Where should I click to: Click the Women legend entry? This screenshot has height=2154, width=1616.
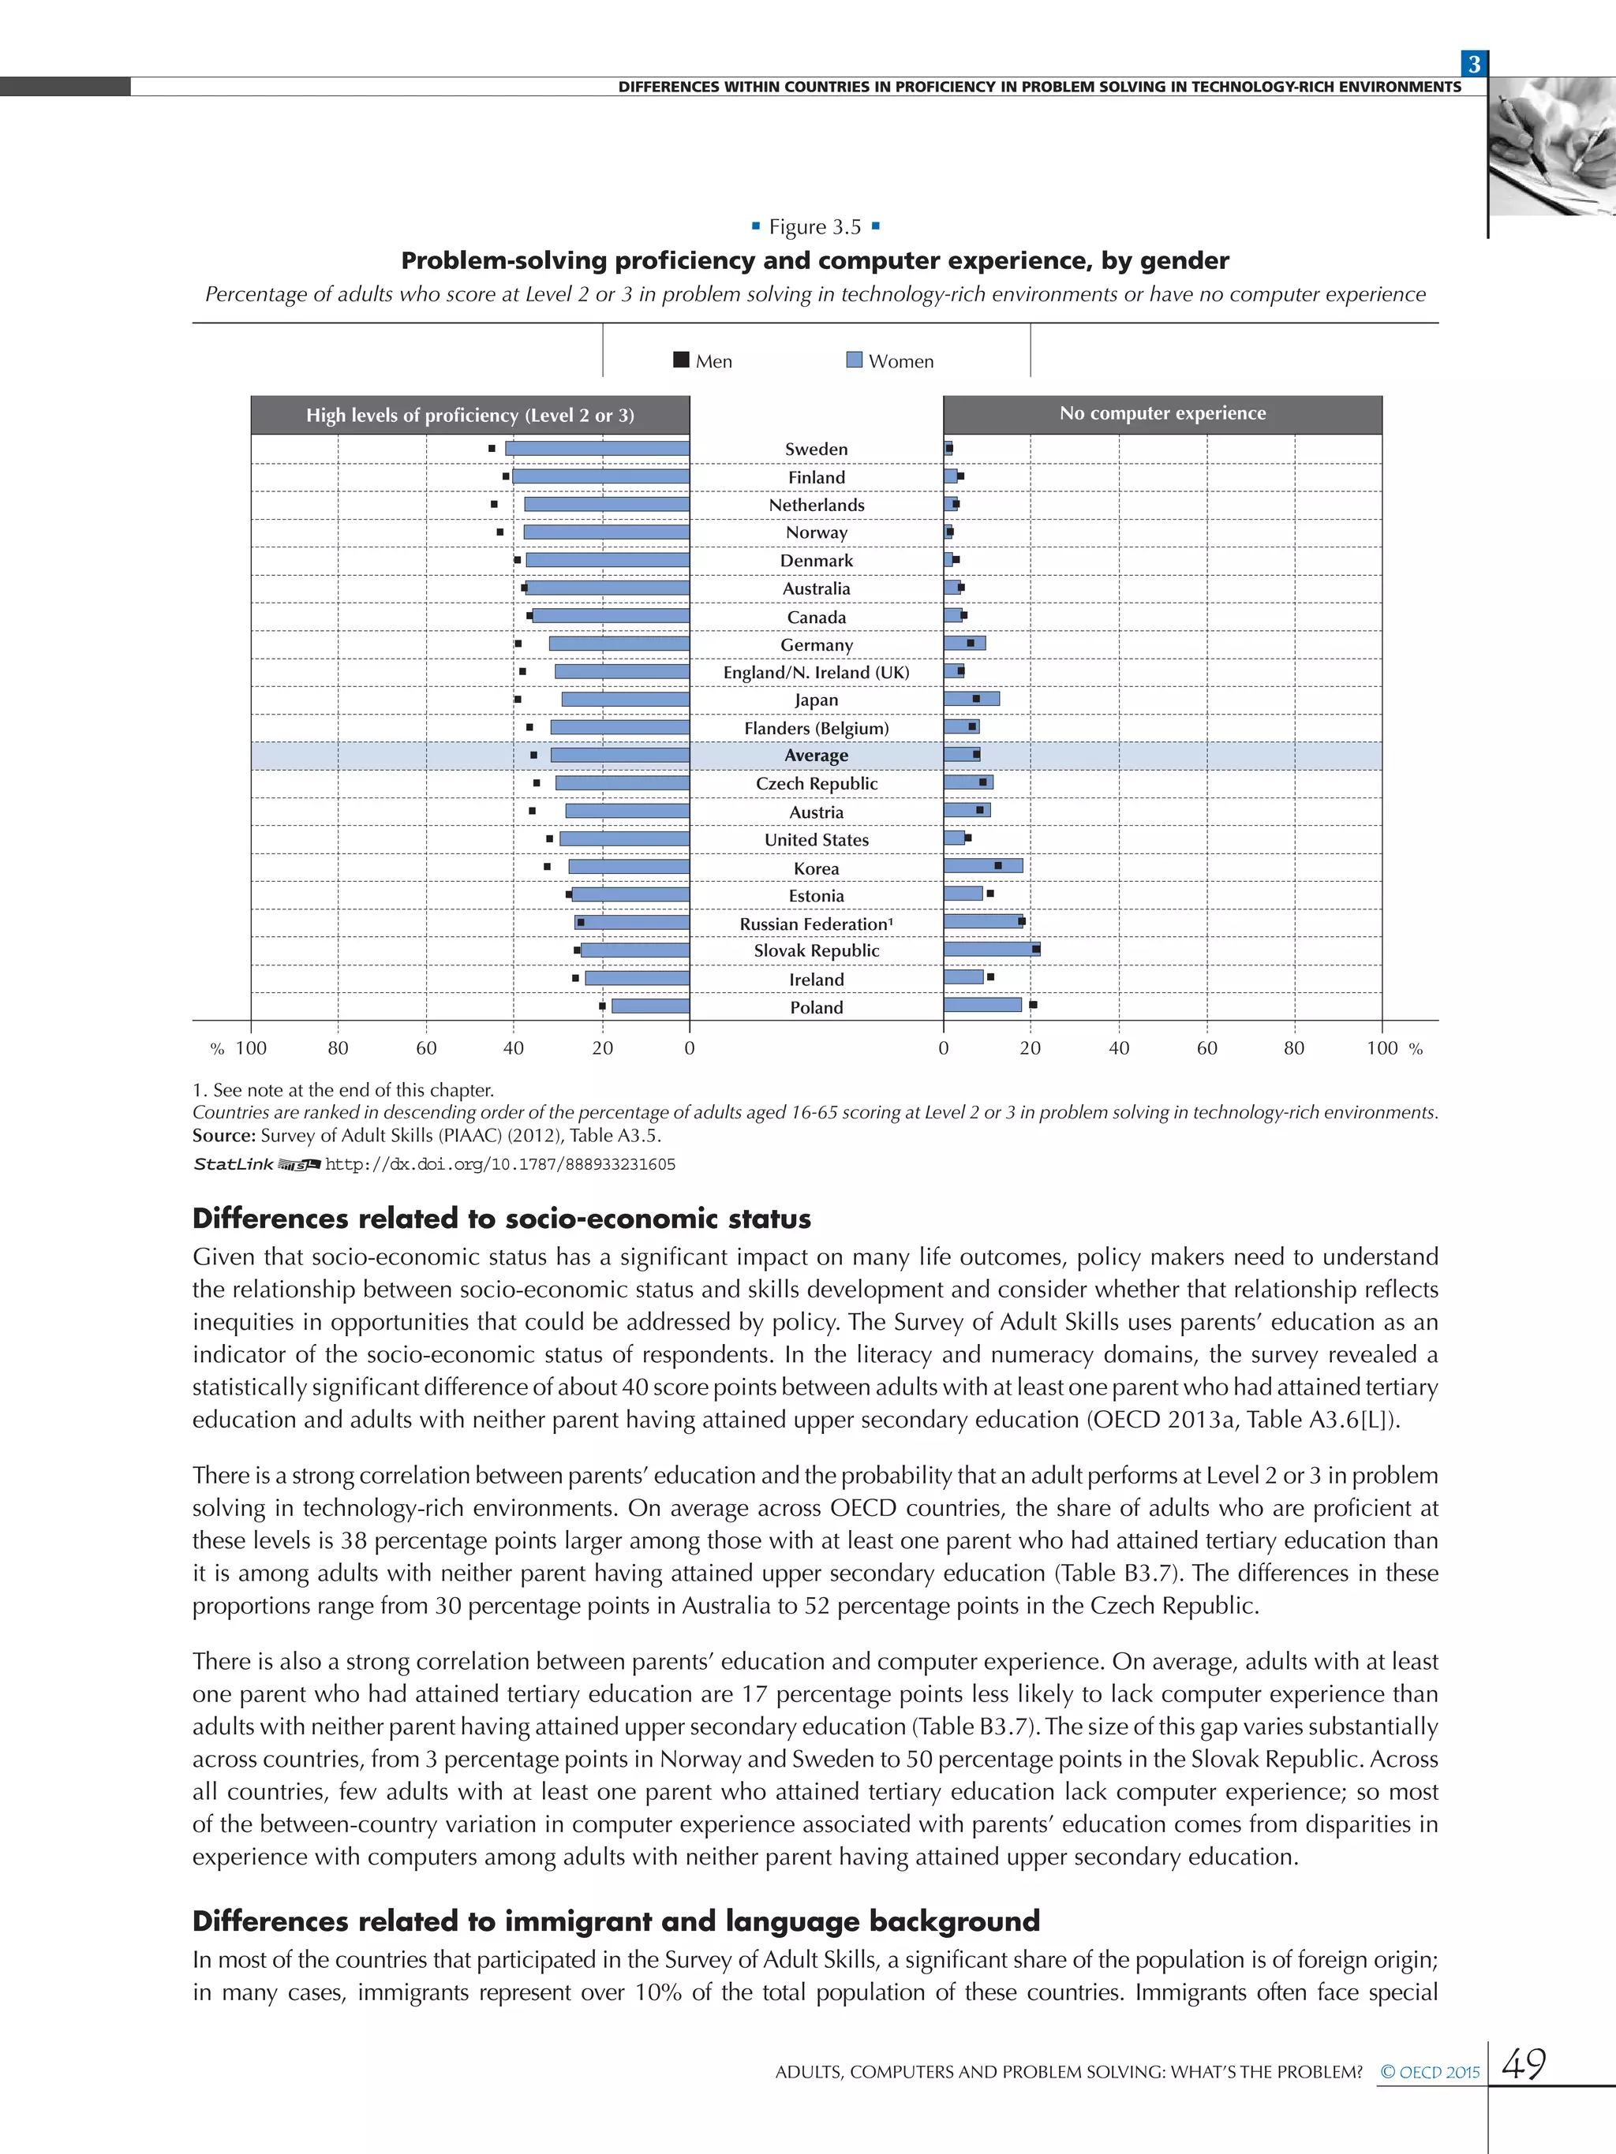click(889, 360)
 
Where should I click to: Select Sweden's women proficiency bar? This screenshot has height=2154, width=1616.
click(597, 448)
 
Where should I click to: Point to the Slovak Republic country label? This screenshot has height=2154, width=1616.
click(816, 950)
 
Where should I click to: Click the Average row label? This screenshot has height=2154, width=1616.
click(816, 756)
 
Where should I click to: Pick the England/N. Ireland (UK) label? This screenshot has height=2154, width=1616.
click(816, 672)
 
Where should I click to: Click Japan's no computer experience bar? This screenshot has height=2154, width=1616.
click(971, 698)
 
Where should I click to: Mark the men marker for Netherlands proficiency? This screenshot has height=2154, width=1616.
click(494, 505)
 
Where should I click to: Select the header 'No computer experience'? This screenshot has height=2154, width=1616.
click(1162, 414)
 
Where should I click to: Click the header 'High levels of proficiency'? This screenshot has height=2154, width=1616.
click(469, 416)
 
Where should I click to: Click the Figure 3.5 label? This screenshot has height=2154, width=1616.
click(815, 227)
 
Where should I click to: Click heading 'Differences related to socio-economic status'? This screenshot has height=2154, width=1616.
click(502, 1219)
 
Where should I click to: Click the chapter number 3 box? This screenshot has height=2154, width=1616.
click(1474, 64)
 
